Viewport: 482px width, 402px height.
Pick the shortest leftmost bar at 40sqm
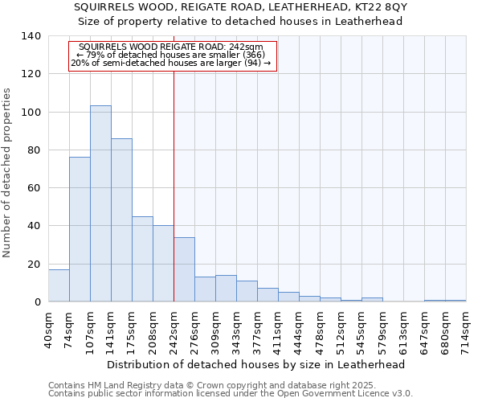(x=59, y=285)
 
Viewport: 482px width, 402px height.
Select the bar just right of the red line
(x=184, y=269)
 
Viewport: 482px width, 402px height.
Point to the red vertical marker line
(x=174, y=185)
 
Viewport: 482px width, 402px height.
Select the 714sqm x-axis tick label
(x=467, y=330)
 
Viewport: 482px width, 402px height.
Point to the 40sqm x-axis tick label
(x=49, y=327)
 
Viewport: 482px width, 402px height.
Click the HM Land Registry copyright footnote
(x=230, y=385)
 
